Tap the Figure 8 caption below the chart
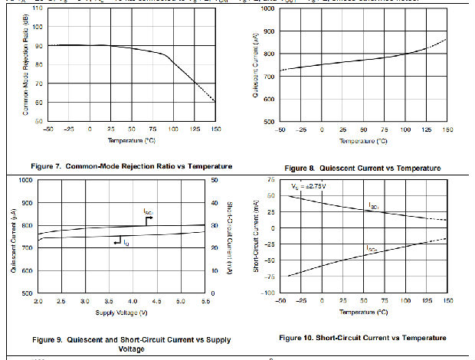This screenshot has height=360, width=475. click(x=362, y=168)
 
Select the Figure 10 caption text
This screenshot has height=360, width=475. click(x=362, y=338)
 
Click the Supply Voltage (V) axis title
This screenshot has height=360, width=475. click(x=121, y=313)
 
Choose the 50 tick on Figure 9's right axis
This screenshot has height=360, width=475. click(x=215, y=180)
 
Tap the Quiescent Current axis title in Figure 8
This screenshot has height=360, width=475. click(x=255, y=65)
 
